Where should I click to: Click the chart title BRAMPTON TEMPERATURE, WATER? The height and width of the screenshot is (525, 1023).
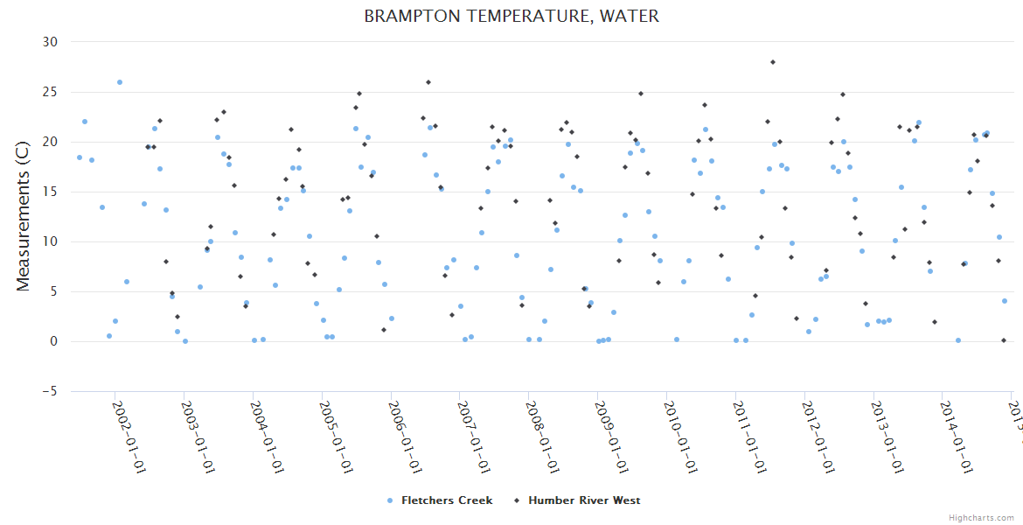[511, 17]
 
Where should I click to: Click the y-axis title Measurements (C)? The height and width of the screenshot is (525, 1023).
[24, 217]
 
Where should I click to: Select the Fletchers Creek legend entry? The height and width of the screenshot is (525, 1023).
[440, 500]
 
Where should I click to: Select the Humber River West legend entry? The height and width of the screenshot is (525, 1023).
[578, 500]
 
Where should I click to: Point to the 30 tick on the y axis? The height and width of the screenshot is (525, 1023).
[50, 42]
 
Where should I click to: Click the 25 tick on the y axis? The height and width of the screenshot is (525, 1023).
[50, 92]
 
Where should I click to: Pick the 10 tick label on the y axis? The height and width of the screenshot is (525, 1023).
[50, 241]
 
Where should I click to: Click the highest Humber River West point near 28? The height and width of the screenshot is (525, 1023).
[773, 62]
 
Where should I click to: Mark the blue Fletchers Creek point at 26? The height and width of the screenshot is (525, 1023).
[120, 82]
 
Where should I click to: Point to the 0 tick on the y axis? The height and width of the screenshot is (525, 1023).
[53, 342]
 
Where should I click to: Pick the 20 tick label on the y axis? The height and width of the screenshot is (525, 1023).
[50, 142]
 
